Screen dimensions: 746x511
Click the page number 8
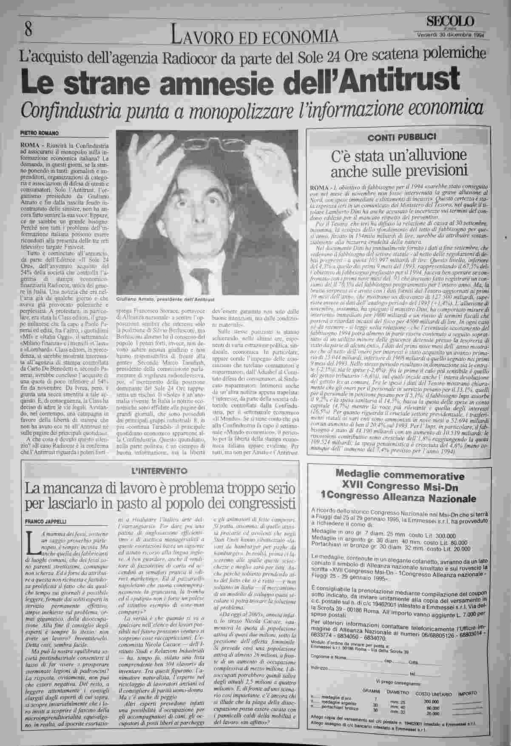click(x=28, y=30)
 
